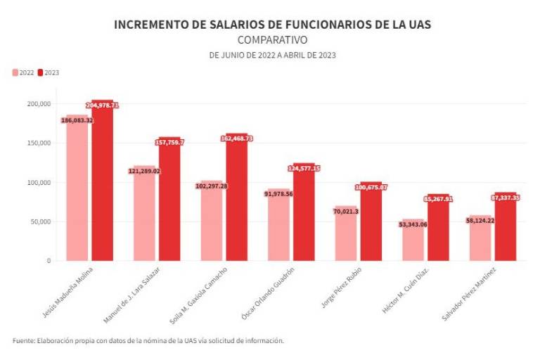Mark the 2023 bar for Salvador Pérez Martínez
(505, 229)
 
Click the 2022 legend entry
(23, 72)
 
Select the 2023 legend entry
(49, 72)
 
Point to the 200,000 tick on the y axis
(39, 103)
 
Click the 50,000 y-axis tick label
(40, 221)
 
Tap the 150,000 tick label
(39, 143)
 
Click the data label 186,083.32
(77, 120)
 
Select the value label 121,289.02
(144, 171)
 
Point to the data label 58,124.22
(480, 220)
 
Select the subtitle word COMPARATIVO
(272, 40)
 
